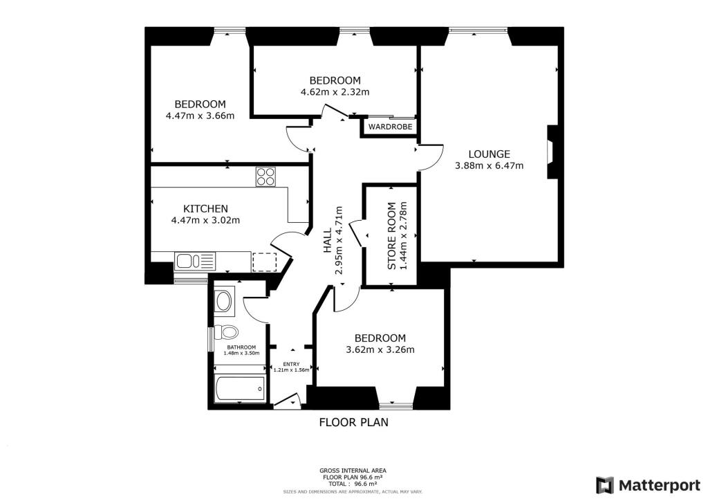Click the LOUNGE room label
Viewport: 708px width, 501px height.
pos(489,154)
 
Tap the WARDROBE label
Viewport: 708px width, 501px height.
pos(390,127)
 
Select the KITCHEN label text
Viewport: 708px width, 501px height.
pos(205,208)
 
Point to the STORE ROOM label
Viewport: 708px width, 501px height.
pos(392,236)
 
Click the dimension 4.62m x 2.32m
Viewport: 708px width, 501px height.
pos(335,92)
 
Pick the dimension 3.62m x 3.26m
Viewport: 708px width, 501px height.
pos(380,349)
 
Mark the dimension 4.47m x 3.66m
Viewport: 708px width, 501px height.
pos(200,116)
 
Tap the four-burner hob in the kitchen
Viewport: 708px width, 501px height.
pos(265,176)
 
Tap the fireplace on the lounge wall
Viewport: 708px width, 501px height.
pos(550,152)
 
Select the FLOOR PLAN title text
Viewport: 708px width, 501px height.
pos(353,422)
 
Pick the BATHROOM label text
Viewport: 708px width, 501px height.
pos(241,347)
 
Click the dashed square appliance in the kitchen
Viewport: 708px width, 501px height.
pos(265,262)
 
